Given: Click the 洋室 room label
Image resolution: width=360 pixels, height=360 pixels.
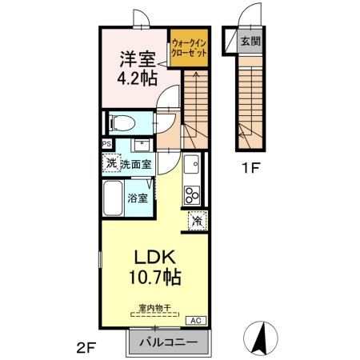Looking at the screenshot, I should [133, 59].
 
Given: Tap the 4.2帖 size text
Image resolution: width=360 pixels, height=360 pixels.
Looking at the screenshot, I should [133, 78].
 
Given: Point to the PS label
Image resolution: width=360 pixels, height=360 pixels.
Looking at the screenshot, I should [106, 144].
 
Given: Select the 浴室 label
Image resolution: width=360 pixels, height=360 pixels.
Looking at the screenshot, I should [138, 198].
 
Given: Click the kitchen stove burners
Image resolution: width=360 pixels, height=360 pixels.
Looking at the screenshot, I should [193, 194].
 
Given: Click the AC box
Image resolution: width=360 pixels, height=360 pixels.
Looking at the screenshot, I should [194, 320].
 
